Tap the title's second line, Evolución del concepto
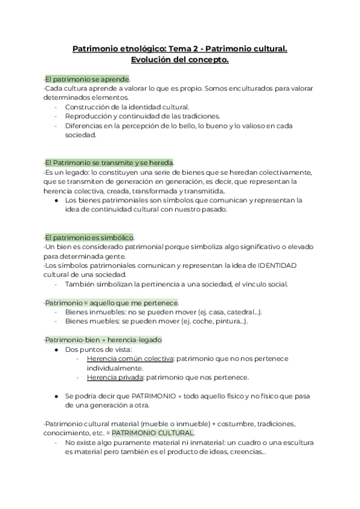[x=179, y=60]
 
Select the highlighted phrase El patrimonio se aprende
[x=87, y=79]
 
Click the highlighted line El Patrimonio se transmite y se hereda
[x=109, y=163]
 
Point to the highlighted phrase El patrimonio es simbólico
[x=89, y=238]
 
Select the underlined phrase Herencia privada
[x=114, y=378]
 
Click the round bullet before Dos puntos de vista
[x=56, y=349]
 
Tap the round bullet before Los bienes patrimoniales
[x=56, y=200]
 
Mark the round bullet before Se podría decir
[x=56, y=397]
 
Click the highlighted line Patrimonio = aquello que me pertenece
[x=111, y=303]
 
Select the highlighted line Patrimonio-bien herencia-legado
[x=103, y=340]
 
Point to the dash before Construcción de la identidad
[x=56, y=107]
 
